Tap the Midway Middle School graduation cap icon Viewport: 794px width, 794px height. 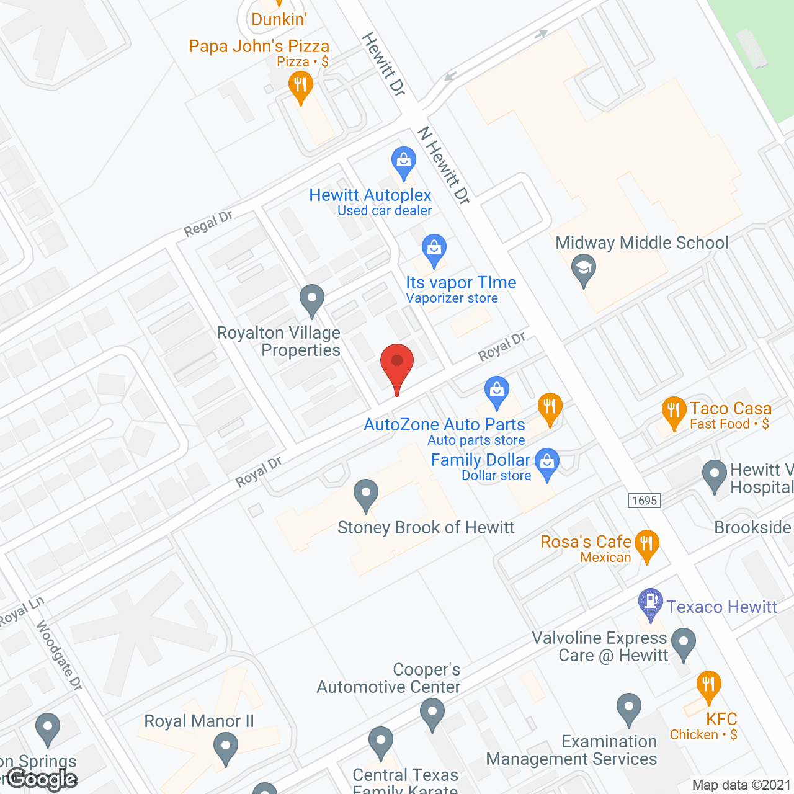[x=583, y=269]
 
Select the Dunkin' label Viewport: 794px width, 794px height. [x=279, y=19]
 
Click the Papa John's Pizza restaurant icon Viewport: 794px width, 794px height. [x=300, y=84]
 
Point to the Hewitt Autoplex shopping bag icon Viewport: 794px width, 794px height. [x=404, y=161]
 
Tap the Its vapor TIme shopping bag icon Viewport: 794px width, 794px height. [x=434, y=248]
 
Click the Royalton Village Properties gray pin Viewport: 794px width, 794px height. [x=312, y=298]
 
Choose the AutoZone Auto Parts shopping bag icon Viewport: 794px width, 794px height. [x=496, y=390]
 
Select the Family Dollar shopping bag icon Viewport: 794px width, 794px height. [x=546, y=462]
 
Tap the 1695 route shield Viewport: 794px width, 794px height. [x=645, y=501]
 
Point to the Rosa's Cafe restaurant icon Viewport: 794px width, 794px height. [x=647, y=544]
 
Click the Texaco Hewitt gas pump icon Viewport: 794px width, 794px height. [x=651, y=602]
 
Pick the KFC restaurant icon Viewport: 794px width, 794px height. [x=708, y=685]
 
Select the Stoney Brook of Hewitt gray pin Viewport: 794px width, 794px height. [x=366, y=494]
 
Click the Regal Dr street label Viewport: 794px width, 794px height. [x=208, y=223]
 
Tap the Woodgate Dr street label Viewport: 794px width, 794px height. [x=59, y=656]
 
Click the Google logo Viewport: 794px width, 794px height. [x=42, y=779]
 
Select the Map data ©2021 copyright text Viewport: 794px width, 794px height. [x=742, y=785]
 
